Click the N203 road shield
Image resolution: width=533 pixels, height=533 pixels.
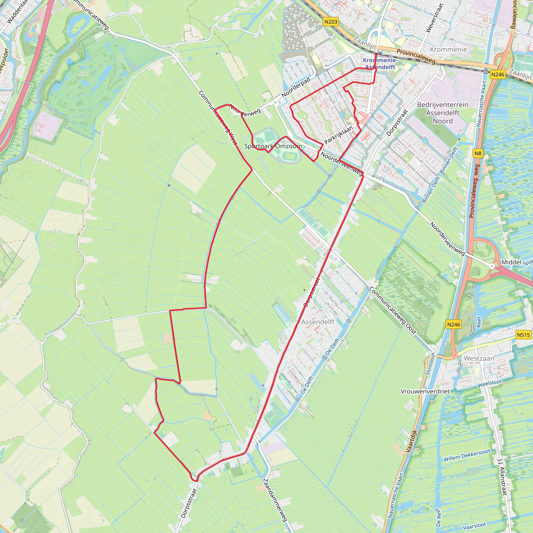tap(331, 22)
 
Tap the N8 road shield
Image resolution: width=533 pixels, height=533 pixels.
tap(478, 153)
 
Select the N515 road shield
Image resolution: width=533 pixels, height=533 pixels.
tap(523, 335)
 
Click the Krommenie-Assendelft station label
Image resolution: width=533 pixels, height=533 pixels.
tap(380, 64)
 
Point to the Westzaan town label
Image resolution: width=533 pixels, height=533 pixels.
tap(479, 358)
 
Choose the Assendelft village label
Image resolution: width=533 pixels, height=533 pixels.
tap(318, 322)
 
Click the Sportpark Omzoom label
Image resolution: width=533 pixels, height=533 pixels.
tap(273, 146)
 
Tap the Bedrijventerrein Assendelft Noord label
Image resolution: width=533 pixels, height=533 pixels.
tap(442, 113)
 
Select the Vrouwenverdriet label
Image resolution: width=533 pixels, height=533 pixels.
tap(425, 391)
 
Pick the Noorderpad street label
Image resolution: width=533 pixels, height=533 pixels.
tap(296, 87)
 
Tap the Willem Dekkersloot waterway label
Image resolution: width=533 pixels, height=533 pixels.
tap(467, 455)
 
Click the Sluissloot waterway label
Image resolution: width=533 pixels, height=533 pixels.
tap(430, 364)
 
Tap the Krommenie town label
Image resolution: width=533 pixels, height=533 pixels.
tap(448, 49)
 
